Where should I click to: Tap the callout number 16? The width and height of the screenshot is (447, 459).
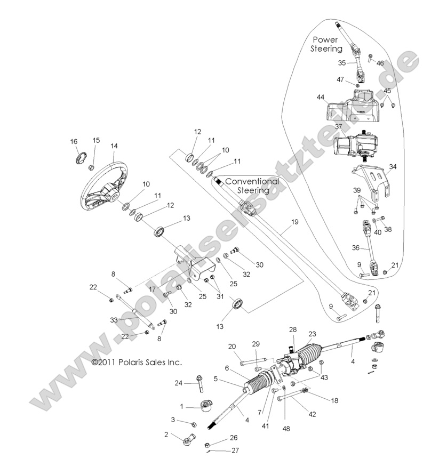(x=74, y=141)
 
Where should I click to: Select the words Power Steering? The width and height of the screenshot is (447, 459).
(x=327, y=44)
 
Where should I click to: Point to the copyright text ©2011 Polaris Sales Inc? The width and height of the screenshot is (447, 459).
(x=137, y=362)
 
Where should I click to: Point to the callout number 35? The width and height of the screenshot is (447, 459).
(x=342, y=63)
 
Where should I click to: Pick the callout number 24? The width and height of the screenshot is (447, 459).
(x=179, y=383)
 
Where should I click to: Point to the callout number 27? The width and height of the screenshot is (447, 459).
(x=235, y=450)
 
